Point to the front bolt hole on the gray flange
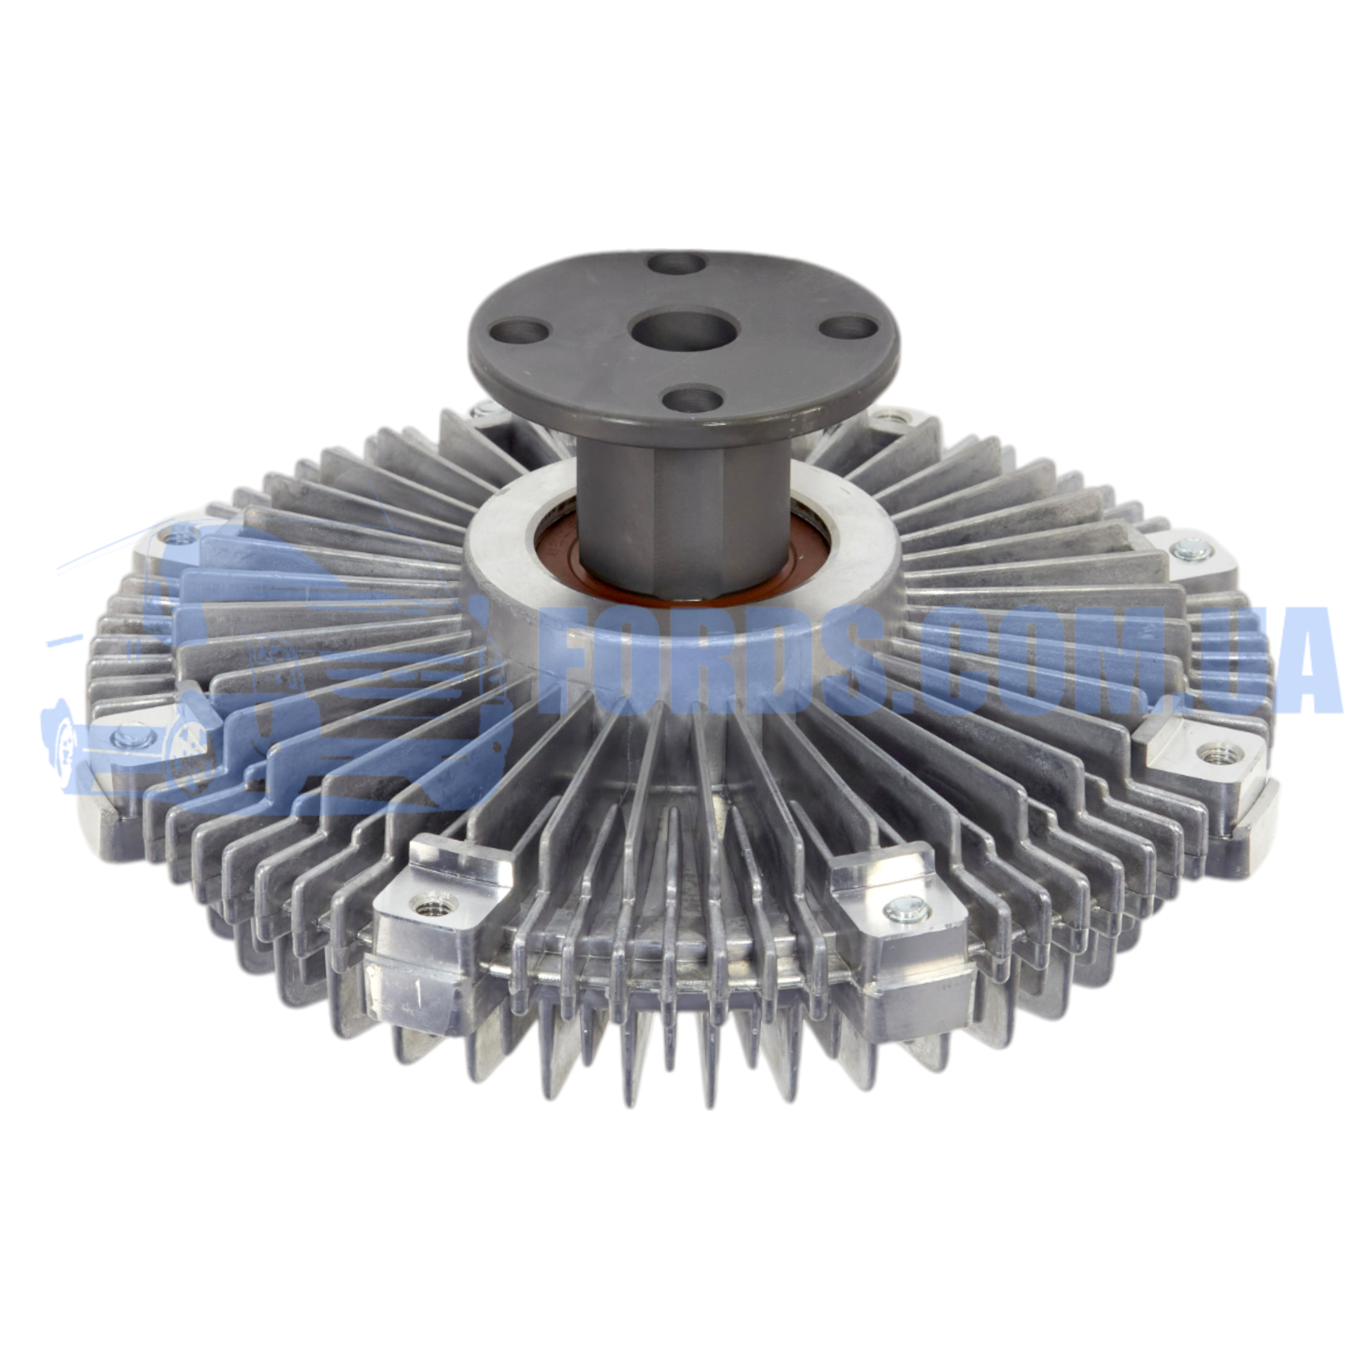(x=693, y=398)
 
